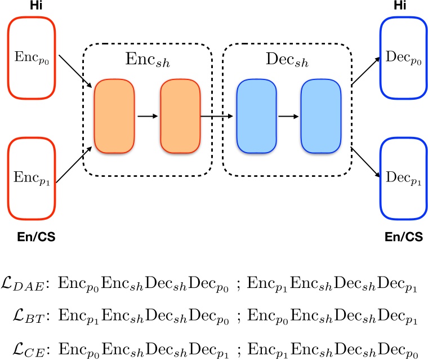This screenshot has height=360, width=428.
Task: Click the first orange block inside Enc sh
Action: coord(114,117)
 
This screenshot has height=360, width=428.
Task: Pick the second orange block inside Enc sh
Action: coord(180,117)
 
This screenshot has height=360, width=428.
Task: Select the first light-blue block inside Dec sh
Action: coord(256,117)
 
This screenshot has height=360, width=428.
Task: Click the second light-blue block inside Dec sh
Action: coord(322,117)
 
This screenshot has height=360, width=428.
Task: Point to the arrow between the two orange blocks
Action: coord(148,117)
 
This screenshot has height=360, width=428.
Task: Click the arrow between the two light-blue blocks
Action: coord(289,117)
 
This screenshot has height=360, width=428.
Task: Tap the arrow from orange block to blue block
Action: coord(218,117)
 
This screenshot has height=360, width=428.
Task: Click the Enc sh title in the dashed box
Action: coord(148,60)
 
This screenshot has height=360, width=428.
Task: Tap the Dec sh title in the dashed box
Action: coord(289,60)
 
